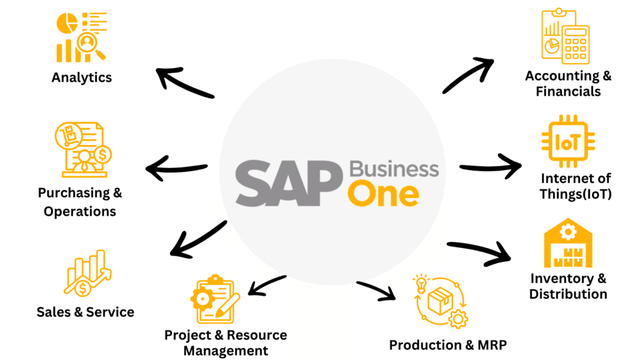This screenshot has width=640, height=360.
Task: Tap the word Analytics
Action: pos(82,77)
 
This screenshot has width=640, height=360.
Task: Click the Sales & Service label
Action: pos(85,312)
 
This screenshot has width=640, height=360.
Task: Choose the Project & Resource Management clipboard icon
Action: pos(214,299)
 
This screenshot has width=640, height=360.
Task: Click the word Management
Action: pos(226,351)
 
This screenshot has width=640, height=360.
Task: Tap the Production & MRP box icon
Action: pos(441,301)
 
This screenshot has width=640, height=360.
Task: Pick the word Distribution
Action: pos(568,294)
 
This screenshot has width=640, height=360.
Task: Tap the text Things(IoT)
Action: pos(576,194)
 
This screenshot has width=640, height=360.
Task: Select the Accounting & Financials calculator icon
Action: pos(565,36)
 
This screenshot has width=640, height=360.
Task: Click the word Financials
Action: pos(568,92)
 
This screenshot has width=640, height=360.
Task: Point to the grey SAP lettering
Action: pos(287,182)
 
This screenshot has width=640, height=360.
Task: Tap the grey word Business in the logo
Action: pos(394,169)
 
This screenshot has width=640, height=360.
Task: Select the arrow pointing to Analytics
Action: pos(184,83)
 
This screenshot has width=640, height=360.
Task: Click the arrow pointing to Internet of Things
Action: pos(491,166)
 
